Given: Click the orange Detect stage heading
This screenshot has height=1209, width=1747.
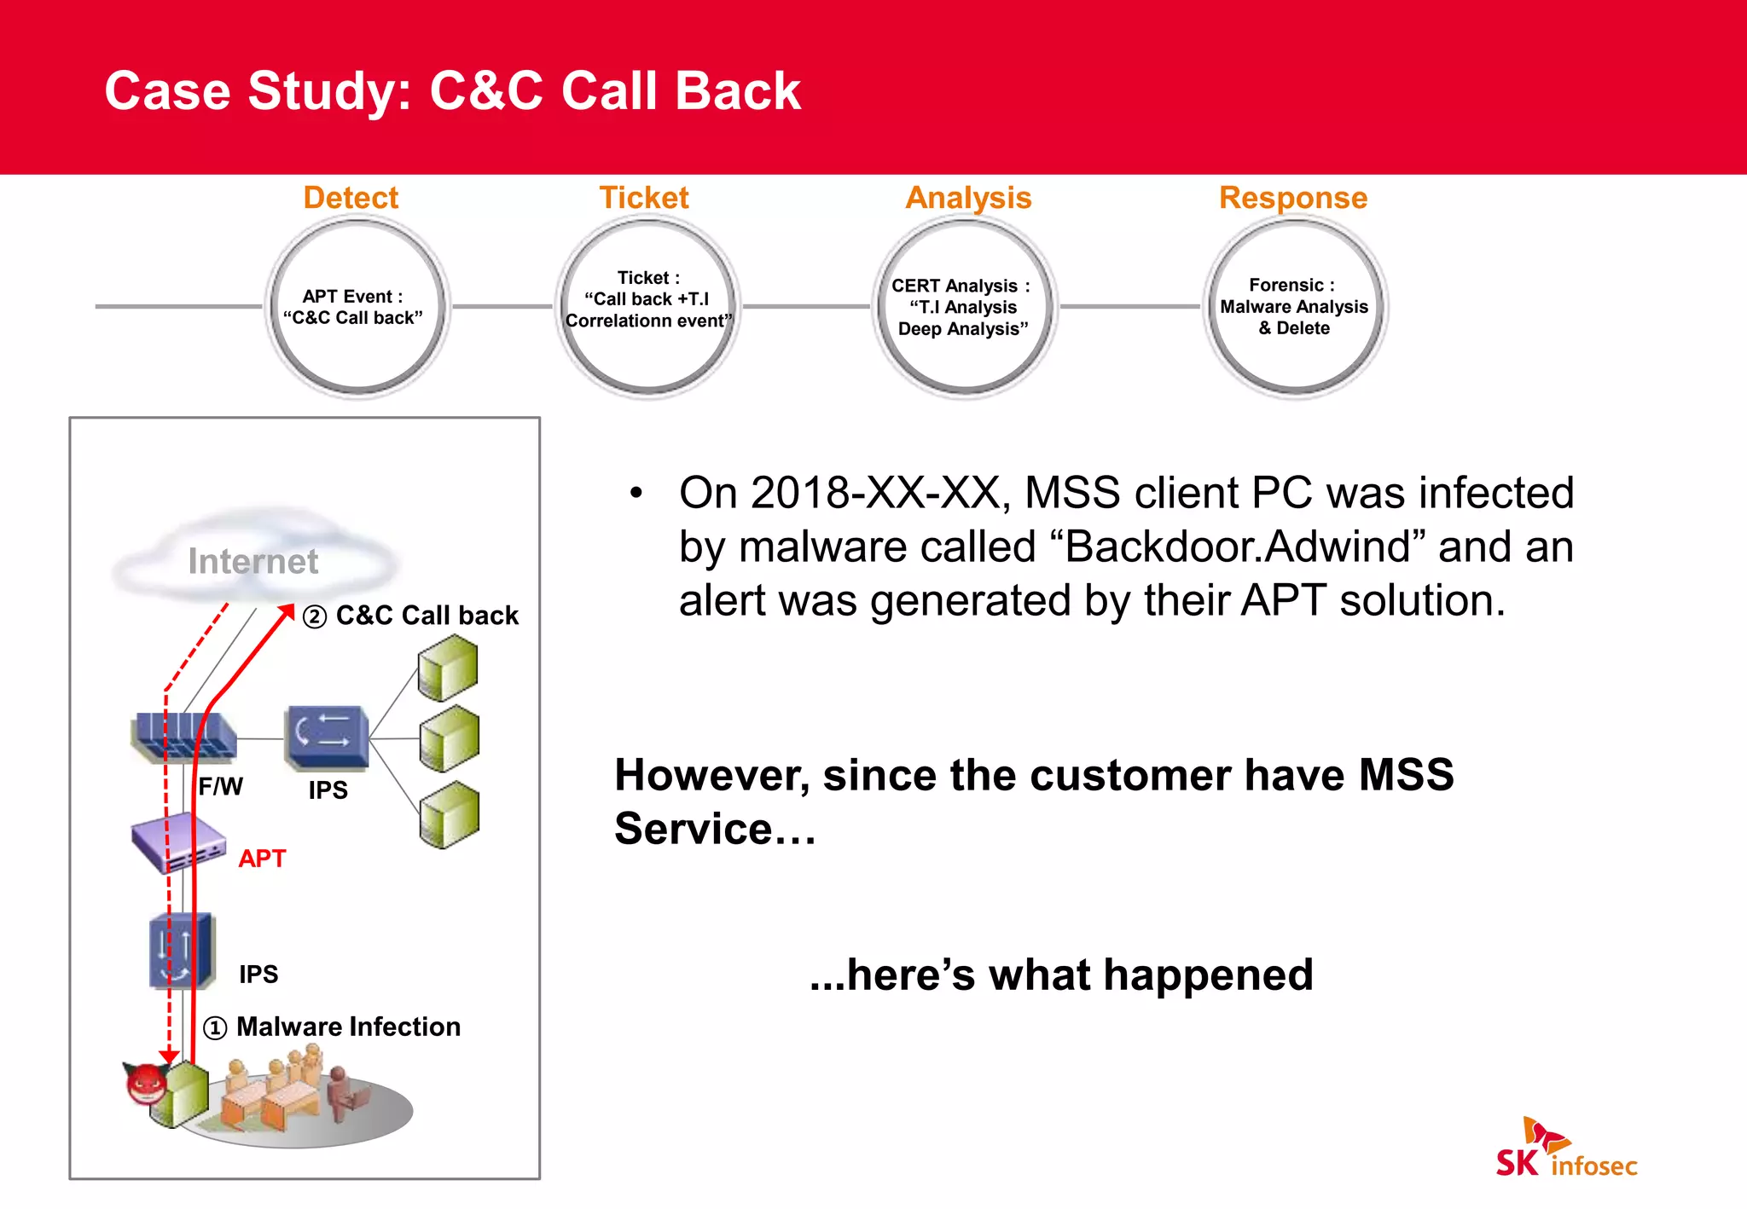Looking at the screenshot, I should coord(351,198).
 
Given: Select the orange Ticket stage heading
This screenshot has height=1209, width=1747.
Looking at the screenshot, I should coord(643,198).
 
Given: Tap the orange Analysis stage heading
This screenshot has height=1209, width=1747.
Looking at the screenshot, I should coord(968,198).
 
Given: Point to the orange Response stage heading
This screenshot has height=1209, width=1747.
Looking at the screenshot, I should coord(1292,198).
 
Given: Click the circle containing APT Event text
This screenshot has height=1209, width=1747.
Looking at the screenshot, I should coord(357,307).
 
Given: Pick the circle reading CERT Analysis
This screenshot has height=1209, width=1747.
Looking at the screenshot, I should coord(964,307).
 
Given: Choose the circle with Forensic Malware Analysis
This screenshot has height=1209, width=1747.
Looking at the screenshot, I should coord(1294,307).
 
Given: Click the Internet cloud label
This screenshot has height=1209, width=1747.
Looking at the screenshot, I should coord(252,561).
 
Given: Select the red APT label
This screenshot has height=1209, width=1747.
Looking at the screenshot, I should coord(262,859).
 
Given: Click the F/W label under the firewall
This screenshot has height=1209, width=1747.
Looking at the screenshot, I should coord(220,786).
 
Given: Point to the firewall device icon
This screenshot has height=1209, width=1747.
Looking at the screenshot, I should coord(183,736).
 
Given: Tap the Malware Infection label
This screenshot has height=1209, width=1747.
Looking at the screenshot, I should coord(348,1027).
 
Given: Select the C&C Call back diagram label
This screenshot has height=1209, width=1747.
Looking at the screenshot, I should coord(427,616).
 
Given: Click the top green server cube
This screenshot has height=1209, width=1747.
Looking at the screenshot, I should coord(448,668).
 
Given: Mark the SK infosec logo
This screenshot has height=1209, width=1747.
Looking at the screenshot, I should coord(1565,1151).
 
